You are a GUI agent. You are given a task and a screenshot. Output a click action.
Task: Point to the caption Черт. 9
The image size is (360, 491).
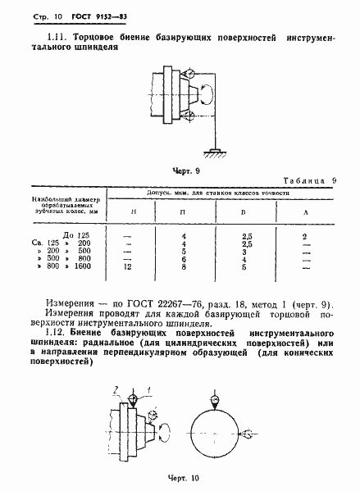pyautogui.click(x=186, y=171)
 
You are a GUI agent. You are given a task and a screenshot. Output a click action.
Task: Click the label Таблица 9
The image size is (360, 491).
pyautogui.click(x=315, y=180)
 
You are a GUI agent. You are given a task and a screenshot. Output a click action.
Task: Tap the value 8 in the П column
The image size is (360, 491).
pyautogui.click(x=185, y=266)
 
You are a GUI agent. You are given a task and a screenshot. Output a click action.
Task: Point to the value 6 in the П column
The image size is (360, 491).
pyautogui.click(x=185, y=259)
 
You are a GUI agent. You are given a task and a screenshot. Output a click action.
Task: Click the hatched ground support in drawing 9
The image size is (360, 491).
pyautogui.click(x=216, y=150)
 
